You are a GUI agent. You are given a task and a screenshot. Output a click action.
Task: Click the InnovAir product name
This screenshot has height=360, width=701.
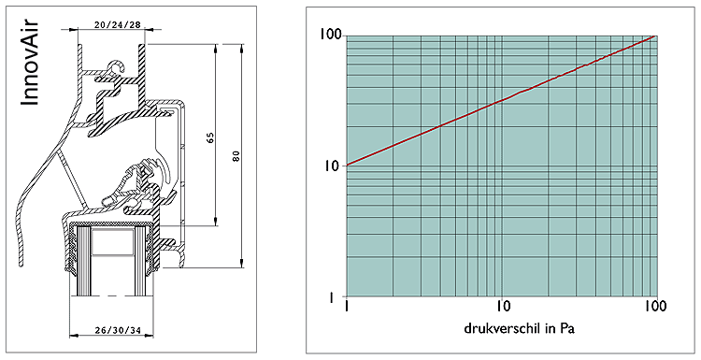pyautogui.click(x=30, y=63)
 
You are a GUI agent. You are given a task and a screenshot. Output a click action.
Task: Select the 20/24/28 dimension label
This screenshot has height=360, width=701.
pyautogui.click(x=117, y=24)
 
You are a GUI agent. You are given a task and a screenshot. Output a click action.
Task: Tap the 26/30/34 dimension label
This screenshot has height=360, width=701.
pyautogui.click(x=118, y=330)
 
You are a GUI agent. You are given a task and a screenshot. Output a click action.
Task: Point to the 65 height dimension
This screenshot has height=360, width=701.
pyautogui.click(x=211, y=137)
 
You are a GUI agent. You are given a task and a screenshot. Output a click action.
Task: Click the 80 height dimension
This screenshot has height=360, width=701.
pyautogui.click(x=236, y=156)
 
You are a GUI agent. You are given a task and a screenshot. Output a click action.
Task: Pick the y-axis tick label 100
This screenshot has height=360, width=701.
pyautogui.click(x=330, y=35)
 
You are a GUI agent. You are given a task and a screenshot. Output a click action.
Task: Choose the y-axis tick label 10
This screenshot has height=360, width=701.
pyautogui.click(x=334, y=166)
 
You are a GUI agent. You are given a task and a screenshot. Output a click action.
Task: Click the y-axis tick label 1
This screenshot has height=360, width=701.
pyautogui.click(x=332, y=297)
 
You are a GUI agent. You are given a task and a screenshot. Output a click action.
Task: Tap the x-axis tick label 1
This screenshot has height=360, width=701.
pyautogui.click(x=347, y=307)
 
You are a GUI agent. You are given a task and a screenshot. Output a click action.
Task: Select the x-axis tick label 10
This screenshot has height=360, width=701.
pyautogui.click(x=504, y=307)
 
